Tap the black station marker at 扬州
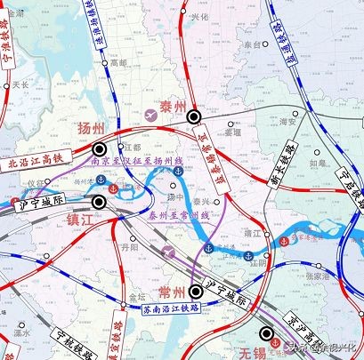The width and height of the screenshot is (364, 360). coord(101,149)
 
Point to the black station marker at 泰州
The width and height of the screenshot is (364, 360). coord(193,116)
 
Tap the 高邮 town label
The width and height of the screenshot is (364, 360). coord(118,63)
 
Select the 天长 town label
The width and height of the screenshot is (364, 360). coord(20,84)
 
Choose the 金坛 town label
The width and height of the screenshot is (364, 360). coord(136,296)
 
